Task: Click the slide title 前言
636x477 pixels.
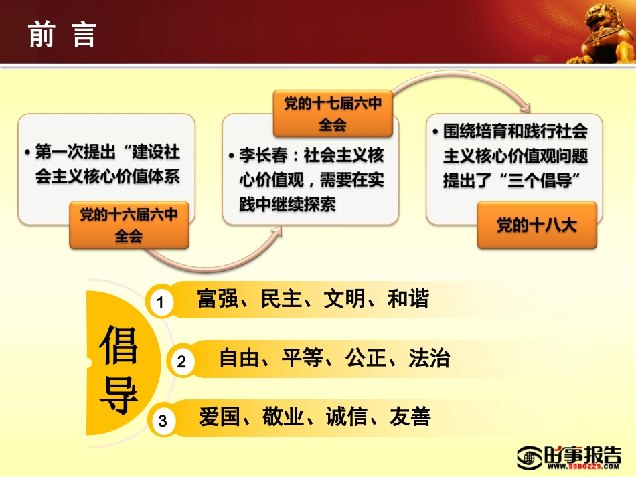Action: (x=62, y=35)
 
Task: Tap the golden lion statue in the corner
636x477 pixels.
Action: (x=601, y=33)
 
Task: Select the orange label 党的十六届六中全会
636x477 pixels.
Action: (x=129, y=225)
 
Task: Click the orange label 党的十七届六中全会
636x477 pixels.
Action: (x=333, y=114)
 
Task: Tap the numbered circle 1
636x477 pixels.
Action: (x=160, y=303)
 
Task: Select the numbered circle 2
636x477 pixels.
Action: (x=181, y=362)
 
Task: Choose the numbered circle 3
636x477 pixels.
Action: (x=163, y=421)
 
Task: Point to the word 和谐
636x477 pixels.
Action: (x=408, y=299)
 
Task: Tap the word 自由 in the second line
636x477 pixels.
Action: (x=239, y=359)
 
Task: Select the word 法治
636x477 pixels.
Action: (x=429, y=359)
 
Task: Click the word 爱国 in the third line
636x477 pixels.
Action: (x=219, y=417)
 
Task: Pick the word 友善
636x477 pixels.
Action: (x=410, y=417)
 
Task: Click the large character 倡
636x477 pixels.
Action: (x=118, y=345)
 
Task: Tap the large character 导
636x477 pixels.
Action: (x=118, y=397)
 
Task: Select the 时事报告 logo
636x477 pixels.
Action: (x=569, y=456)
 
